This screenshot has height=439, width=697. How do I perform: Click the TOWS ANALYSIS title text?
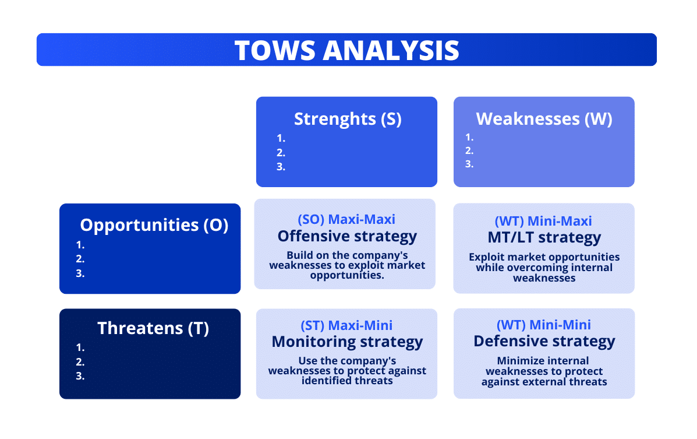(x=346, y=50)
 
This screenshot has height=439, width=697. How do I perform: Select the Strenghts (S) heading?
(x=347, y=119)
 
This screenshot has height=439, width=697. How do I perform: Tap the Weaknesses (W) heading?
(x=544, y=119)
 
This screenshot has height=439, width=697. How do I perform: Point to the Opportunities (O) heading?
(x=154, y=225)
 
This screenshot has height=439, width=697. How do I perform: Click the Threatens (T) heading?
(x=153, y=328)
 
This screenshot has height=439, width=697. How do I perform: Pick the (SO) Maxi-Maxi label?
(x=346, y=219)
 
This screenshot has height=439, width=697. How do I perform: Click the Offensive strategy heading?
(x=347, y=236)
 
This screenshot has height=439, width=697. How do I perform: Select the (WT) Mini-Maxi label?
(x=543, y=221)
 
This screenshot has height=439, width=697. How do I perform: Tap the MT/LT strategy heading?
(x=544, y=238)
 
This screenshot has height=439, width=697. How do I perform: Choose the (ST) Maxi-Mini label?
(x=346, y=325)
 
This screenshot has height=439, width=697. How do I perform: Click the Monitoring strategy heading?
(x=347, y=342)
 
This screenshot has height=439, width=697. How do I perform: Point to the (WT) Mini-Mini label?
(x=543, y=325)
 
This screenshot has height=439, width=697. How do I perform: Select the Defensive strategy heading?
(x=544, y=341)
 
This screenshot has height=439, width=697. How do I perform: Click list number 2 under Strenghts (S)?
(x=281, y=153)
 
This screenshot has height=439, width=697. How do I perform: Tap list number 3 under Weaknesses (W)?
(x=469, y=164)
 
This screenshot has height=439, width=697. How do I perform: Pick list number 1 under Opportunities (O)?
(x=80, y=245)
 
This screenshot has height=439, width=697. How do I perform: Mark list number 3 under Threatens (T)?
(x=80, y=376)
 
